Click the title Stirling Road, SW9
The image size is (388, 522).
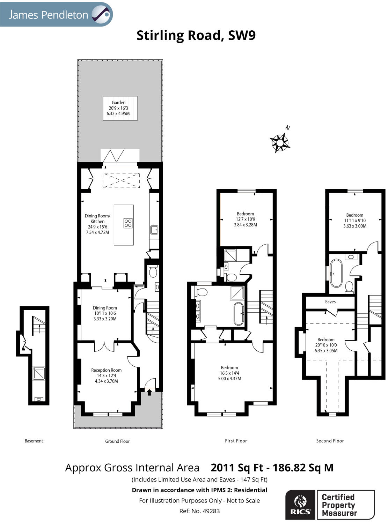[196, 35]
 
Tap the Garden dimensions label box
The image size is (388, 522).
[120, 108]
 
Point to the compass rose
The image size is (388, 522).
[280, 142]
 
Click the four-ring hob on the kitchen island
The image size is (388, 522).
[128, 223]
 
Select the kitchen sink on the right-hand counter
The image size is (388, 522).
[154, 230]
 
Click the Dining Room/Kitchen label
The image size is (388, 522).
[97, 224]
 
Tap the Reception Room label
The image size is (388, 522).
[106, 375]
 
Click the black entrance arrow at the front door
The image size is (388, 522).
[149, 393]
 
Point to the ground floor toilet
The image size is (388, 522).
[153, 271]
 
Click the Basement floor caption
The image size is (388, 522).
[34, 441]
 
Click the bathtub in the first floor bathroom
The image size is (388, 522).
[239, 314]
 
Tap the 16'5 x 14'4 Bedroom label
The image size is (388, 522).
[229, 373]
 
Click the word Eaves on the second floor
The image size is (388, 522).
[330, 302]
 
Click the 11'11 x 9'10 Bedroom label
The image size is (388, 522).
[354, 221]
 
